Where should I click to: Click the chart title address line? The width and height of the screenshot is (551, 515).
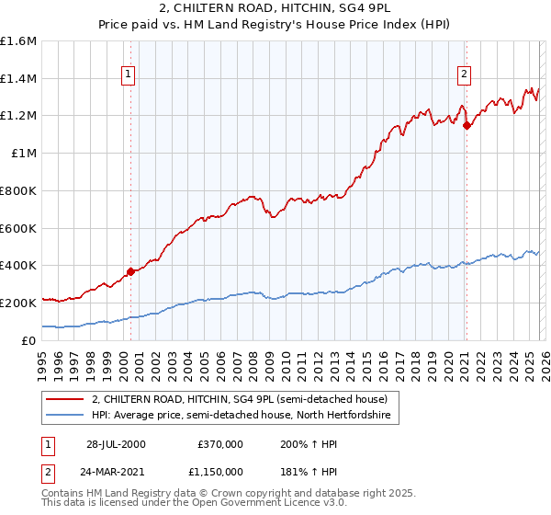coord(275,9)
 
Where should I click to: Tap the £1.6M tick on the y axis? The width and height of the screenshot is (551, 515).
coord(18,41)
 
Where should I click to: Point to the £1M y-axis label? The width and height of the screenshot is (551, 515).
coord(23,154)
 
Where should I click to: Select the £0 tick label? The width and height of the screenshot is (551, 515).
coord(29,340)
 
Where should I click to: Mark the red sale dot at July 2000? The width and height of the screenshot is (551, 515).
coord(131,270)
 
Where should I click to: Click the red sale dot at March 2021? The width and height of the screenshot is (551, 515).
coord(467,125)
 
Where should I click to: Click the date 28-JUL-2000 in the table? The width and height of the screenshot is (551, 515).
coord(116,444)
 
